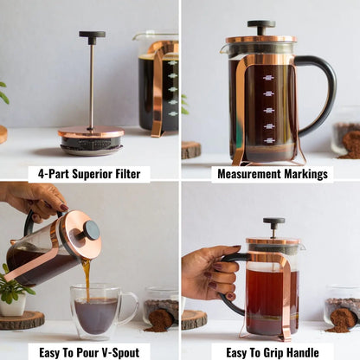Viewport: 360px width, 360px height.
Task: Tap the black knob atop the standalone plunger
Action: tap(92, 37)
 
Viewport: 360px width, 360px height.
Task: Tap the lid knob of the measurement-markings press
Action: tap(260, 26)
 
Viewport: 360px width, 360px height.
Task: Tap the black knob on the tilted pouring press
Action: tap(90, 231)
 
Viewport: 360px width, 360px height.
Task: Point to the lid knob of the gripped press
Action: tap(273, 223)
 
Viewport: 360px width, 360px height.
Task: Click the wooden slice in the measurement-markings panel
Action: tap(192, 150)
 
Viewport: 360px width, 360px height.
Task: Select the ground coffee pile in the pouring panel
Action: tap(160, 321)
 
